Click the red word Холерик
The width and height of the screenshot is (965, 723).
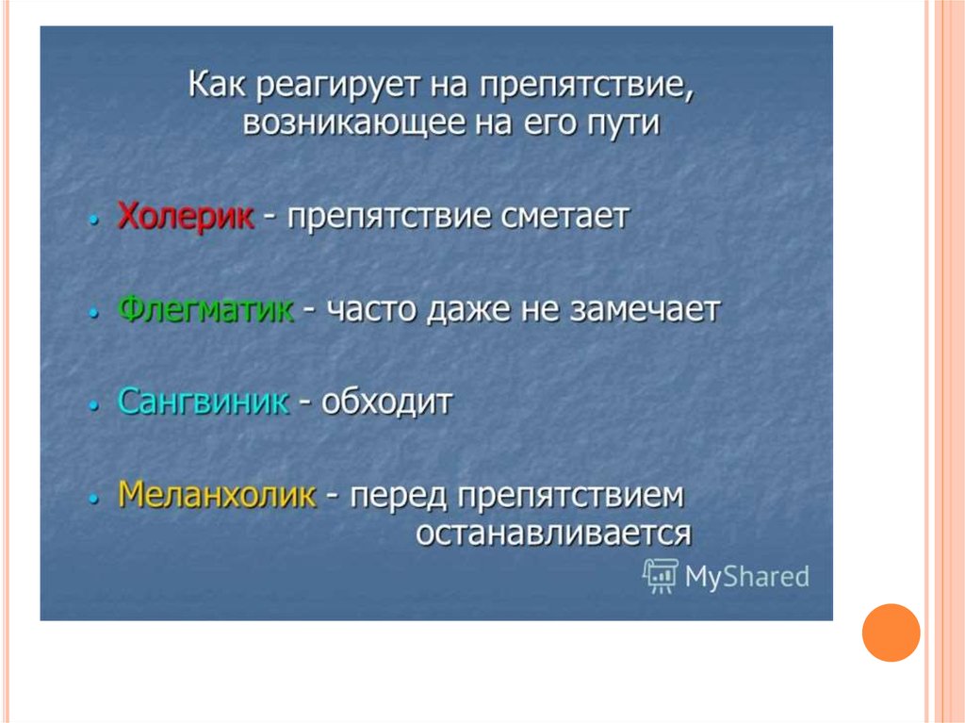point(186,216)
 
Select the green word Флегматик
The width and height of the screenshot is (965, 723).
point(205,309)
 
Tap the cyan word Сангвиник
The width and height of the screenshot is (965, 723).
point(204,402)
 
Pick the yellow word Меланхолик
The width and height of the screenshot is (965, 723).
point(217,494)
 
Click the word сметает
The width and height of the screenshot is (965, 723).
point(565,217)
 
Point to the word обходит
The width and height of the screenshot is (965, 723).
point(387,402)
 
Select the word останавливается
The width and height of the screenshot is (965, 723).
point(554,534)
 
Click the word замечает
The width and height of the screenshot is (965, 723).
point(645,310)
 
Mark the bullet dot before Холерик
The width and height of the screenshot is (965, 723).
point(93,220)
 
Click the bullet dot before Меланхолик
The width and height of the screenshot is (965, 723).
point(93,498)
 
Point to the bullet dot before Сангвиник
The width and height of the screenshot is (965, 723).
point(93,405)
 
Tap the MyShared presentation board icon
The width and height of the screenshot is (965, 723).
point(660,576)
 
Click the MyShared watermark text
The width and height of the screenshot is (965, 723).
point(746,577)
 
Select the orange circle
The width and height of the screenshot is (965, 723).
point(891,633)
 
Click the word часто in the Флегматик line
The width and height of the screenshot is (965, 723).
point(371,310)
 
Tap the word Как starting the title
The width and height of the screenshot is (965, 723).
point(217,85)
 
